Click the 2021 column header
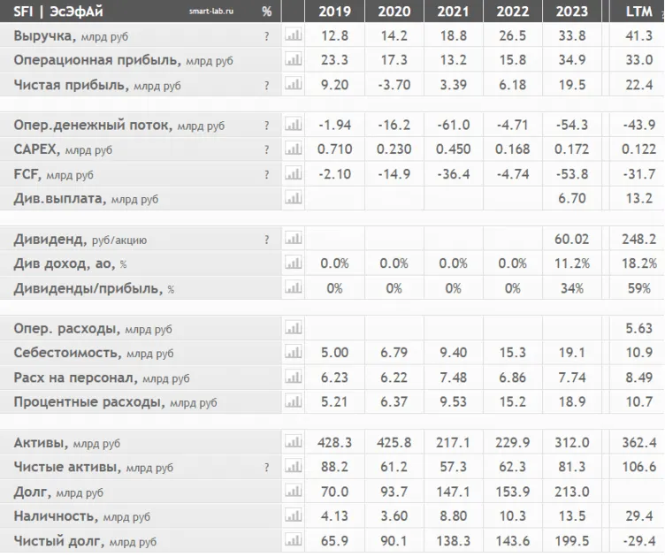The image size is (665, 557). (x=453, y=12)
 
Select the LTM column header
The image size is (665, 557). (x=639, y=12)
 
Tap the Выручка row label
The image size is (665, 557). (x=45, y=36)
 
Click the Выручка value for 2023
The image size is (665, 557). (x=572, y=36)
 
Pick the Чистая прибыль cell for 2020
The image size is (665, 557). (x=394, y=86)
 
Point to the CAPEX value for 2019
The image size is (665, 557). (x=334, y=150)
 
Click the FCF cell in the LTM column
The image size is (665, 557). (x=639, y=175)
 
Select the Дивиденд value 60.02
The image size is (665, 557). (x=572, y=240)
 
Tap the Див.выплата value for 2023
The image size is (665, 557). (x=572, y=200)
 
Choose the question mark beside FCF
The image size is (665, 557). (x=266, y=175)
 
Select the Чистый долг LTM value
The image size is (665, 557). (x=639, y=541)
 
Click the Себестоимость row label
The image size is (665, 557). (x=67, y=354)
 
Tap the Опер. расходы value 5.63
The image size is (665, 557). (x=639, y=329)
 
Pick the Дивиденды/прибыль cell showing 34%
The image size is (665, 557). (x=572, y=288)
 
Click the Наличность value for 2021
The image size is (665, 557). (x=453, y=516)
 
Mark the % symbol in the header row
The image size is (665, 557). (x=267, y=12)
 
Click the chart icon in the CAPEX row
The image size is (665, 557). (x=293, y=150)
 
